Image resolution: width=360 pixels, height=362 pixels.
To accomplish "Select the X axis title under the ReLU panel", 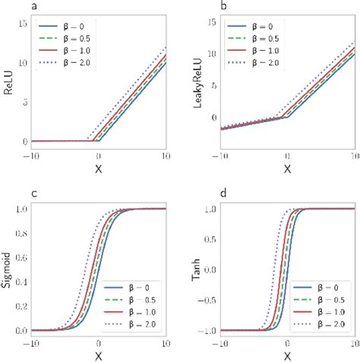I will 98,168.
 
